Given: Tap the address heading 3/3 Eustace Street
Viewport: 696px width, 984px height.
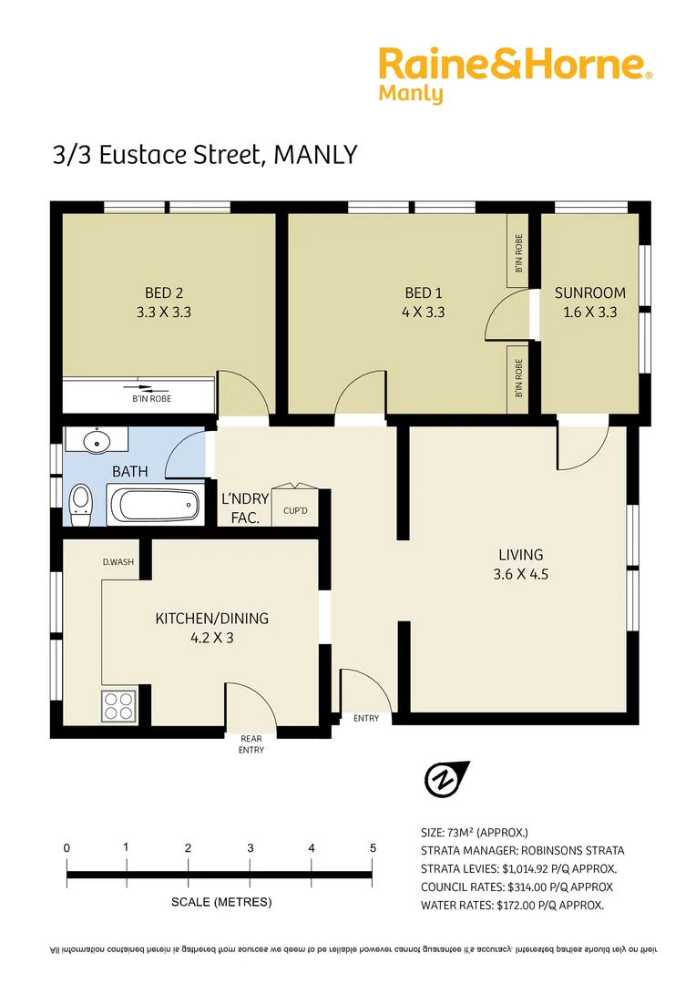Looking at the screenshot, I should [204, 156].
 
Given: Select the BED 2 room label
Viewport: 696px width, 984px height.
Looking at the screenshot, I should [164, 302].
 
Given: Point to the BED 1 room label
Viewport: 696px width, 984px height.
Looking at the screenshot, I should [424, 302].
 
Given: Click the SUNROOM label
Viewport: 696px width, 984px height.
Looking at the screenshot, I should [590, 302].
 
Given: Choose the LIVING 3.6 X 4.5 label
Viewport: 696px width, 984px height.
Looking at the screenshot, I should [520, 563].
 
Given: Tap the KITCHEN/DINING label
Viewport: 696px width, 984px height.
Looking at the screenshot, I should [212, 627].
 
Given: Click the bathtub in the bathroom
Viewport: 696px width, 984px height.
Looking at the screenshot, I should [154, 504].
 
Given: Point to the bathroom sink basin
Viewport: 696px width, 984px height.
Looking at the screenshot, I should [97, 442].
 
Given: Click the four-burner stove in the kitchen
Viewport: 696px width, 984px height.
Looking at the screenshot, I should [118, 705].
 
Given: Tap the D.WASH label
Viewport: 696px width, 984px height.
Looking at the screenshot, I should [118, 562].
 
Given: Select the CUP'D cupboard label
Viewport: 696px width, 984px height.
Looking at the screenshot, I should [295, 511].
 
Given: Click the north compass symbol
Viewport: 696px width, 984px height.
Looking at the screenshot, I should [444, 778].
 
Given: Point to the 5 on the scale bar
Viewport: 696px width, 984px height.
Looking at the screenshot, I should [373, 848].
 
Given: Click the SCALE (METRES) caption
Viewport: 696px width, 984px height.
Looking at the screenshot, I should [221, 903].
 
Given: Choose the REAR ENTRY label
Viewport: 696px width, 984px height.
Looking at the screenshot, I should [251, 744].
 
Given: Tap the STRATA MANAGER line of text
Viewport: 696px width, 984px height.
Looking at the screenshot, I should [522, 850].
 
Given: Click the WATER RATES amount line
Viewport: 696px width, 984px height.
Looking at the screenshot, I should [512, 905].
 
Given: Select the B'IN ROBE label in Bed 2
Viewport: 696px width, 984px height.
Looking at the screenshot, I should [152, 399].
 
